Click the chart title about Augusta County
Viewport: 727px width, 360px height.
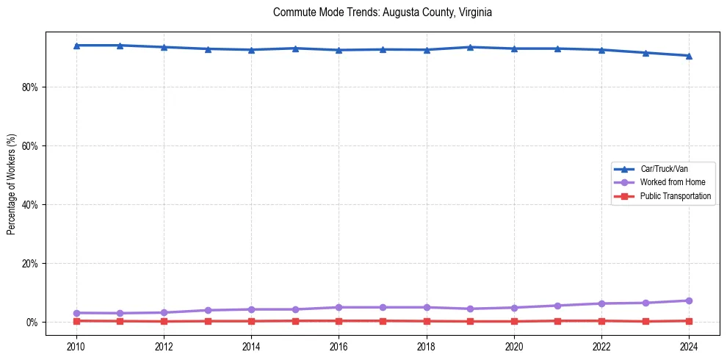382,12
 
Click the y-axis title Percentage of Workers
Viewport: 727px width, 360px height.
11,184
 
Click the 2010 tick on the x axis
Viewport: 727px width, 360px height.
76,345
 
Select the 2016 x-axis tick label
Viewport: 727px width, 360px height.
339,345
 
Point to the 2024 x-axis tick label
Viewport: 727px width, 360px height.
689,345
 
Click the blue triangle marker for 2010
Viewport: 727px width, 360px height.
76,46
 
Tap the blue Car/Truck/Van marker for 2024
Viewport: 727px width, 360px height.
689,56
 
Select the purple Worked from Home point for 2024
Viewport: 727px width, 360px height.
689,300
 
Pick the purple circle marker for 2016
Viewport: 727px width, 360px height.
339,307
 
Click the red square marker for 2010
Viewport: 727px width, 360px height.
76,321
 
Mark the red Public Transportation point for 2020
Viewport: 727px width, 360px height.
514,321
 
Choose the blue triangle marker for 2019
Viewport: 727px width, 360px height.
470,47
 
